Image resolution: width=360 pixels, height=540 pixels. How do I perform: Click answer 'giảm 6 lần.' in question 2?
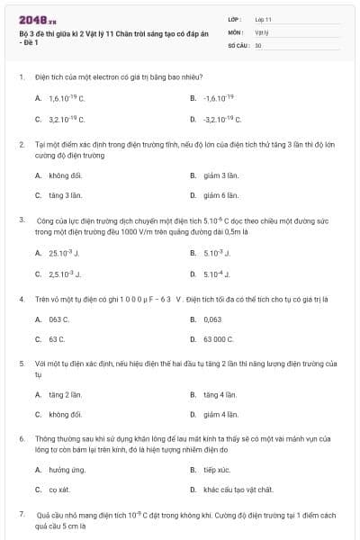(220, 194)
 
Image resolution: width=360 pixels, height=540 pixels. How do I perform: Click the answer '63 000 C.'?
(219, 339)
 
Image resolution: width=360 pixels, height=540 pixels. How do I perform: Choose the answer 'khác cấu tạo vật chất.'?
(238, 490)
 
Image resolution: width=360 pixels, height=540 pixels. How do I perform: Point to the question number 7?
(21, 513)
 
